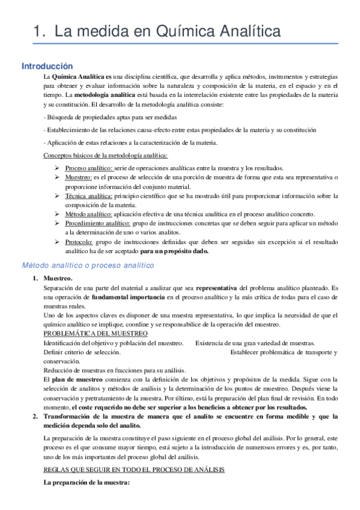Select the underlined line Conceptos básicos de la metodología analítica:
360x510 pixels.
click(x=97, y=156)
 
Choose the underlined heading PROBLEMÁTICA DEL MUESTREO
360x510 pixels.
click(x=95, y=333)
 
